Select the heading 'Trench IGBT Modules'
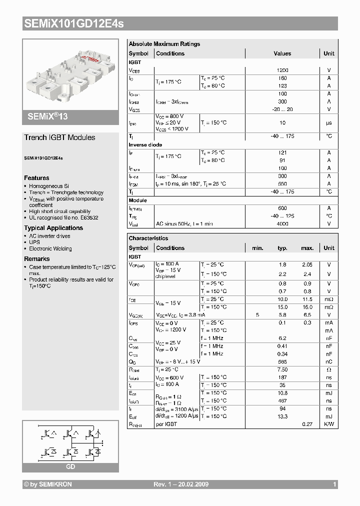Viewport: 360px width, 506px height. click(x=59, y=137)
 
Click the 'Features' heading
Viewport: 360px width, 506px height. click(x=36, y=178)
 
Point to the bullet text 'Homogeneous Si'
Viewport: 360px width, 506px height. click(x=49, y=186)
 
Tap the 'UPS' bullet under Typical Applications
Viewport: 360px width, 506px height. click(x=34, y=242)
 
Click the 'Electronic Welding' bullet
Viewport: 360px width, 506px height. click(x=50, y=248)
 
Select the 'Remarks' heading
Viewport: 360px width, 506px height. click(x=36, y=259)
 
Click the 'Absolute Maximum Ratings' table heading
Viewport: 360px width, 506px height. click(x=164, y=44)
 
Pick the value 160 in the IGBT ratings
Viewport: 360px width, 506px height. click(x=282, y=78)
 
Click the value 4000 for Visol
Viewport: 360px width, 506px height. click(x=282, y=223)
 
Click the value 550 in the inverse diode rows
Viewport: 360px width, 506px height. click(x=282, y=183)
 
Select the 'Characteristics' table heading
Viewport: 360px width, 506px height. click(x=148, y=238)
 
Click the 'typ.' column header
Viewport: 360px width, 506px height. click(x=282, y=248)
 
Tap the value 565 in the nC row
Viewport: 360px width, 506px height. click(x=282, y=361)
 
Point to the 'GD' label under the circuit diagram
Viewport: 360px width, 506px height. click(x=70, y=466)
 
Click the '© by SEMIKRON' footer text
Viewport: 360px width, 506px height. click(x=48, y=484)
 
